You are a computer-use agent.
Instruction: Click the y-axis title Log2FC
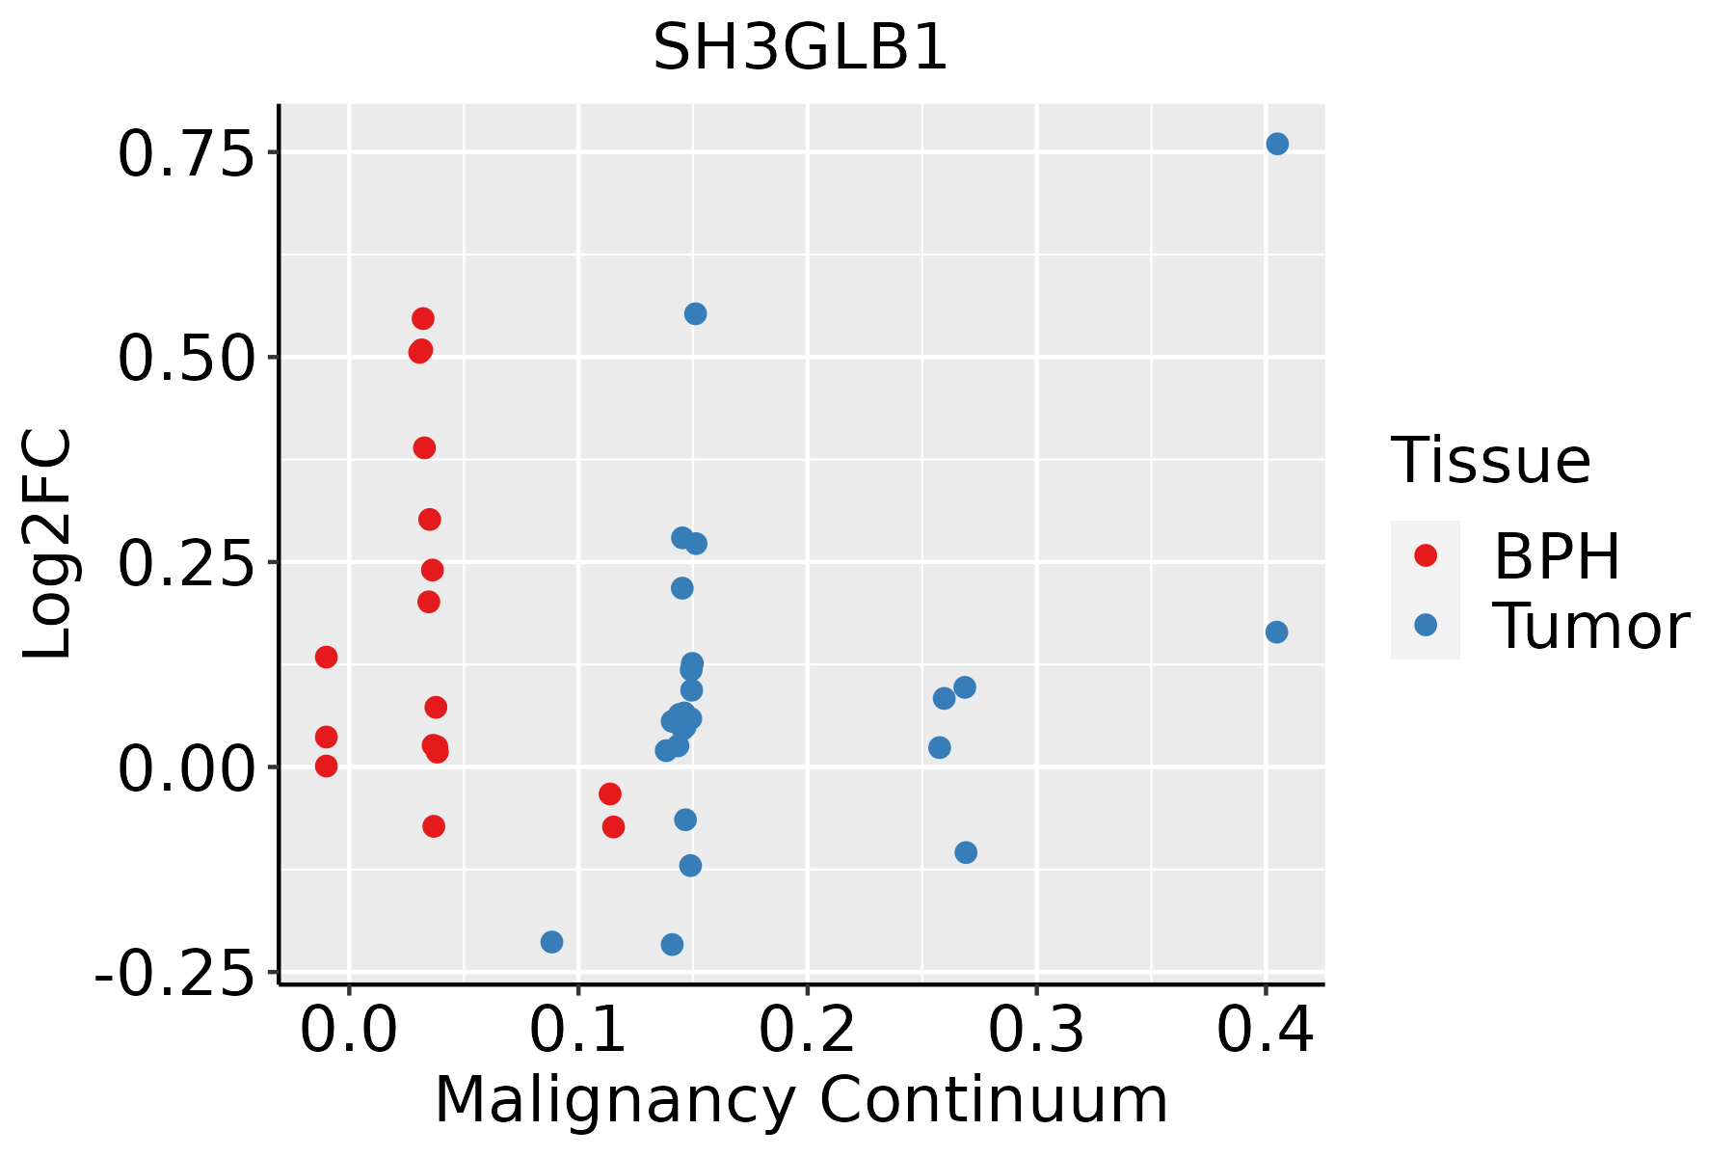tap(48, 544)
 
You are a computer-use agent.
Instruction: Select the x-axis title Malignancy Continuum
tap(801, 1100)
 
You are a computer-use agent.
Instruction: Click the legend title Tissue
tap(1490, 461)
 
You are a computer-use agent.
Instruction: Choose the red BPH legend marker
tap(1425, 554)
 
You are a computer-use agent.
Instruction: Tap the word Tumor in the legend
tap(1590, 627)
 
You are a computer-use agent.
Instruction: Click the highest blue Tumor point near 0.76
tap(1277, 144)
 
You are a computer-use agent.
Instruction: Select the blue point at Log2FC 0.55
tap(695, 313)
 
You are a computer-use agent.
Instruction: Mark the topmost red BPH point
tap(423, 318)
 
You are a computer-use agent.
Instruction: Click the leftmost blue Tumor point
tap(551, 942)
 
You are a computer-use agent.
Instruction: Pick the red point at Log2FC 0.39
tap(424, 447)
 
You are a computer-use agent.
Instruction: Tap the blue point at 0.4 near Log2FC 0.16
tap(1276, 632)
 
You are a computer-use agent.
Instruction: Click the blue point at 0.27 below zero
tap(966, 852)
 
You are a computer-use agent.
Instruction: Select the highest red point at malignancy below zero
tap(327, 658)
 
